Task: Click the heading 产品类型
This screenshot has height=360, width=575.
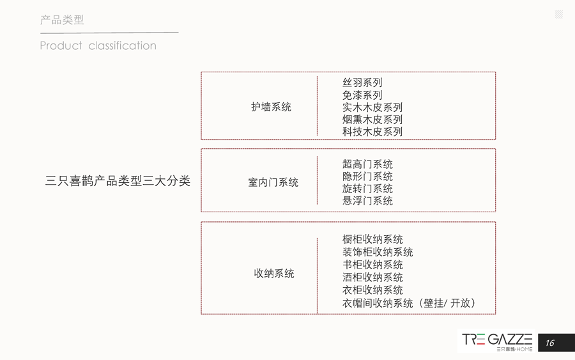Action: coord(62,20)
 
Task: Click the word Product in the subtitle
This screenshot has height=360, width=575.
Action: coord(61,46)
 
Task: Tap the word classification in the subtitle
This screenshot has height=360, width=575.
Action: coord(123,46)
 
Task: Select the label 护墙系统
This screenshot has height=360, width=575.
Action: coord(271,107)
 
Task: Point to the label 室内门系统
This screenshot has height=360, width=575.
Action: coord(273,182)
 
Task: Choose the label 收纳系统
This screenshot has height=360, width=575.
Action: coord(274,274)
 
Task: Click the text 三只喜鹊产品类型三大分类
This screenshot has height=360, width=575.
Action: coord(118,181)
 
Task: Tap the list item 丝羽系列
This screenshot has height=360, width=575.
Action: coord(362,82)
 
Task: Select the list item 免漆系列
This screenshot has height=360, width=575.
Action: coord(362,95)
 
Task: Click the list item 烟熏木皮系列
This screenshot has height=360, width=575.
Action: coord(372,120)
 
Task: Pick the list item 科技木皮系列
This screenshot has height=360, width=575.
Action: coord(372,131)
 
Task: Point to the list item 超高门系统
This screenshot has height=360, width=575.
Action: coord(367,164)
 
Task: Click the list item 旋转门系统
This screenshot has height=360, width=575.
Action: coord(367,189)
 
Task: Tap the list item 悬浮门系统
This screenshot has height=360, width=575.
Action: coord(367,201)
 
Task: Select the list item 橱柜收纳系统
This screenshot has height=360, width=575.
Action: coord(372,239)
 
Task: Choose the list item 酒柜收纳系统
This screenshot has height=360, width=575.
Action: coord(372,278)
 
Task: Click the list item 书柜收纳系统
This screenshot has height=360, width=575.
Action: coord(372,265)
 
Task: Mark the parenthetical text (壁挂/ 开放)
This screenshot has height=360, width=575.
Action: coord(447,303)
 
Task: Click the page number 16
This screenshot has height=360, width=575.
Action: coord(549,343)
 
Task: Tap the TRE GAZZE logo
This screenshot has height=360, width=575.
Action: coord(497,342)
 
